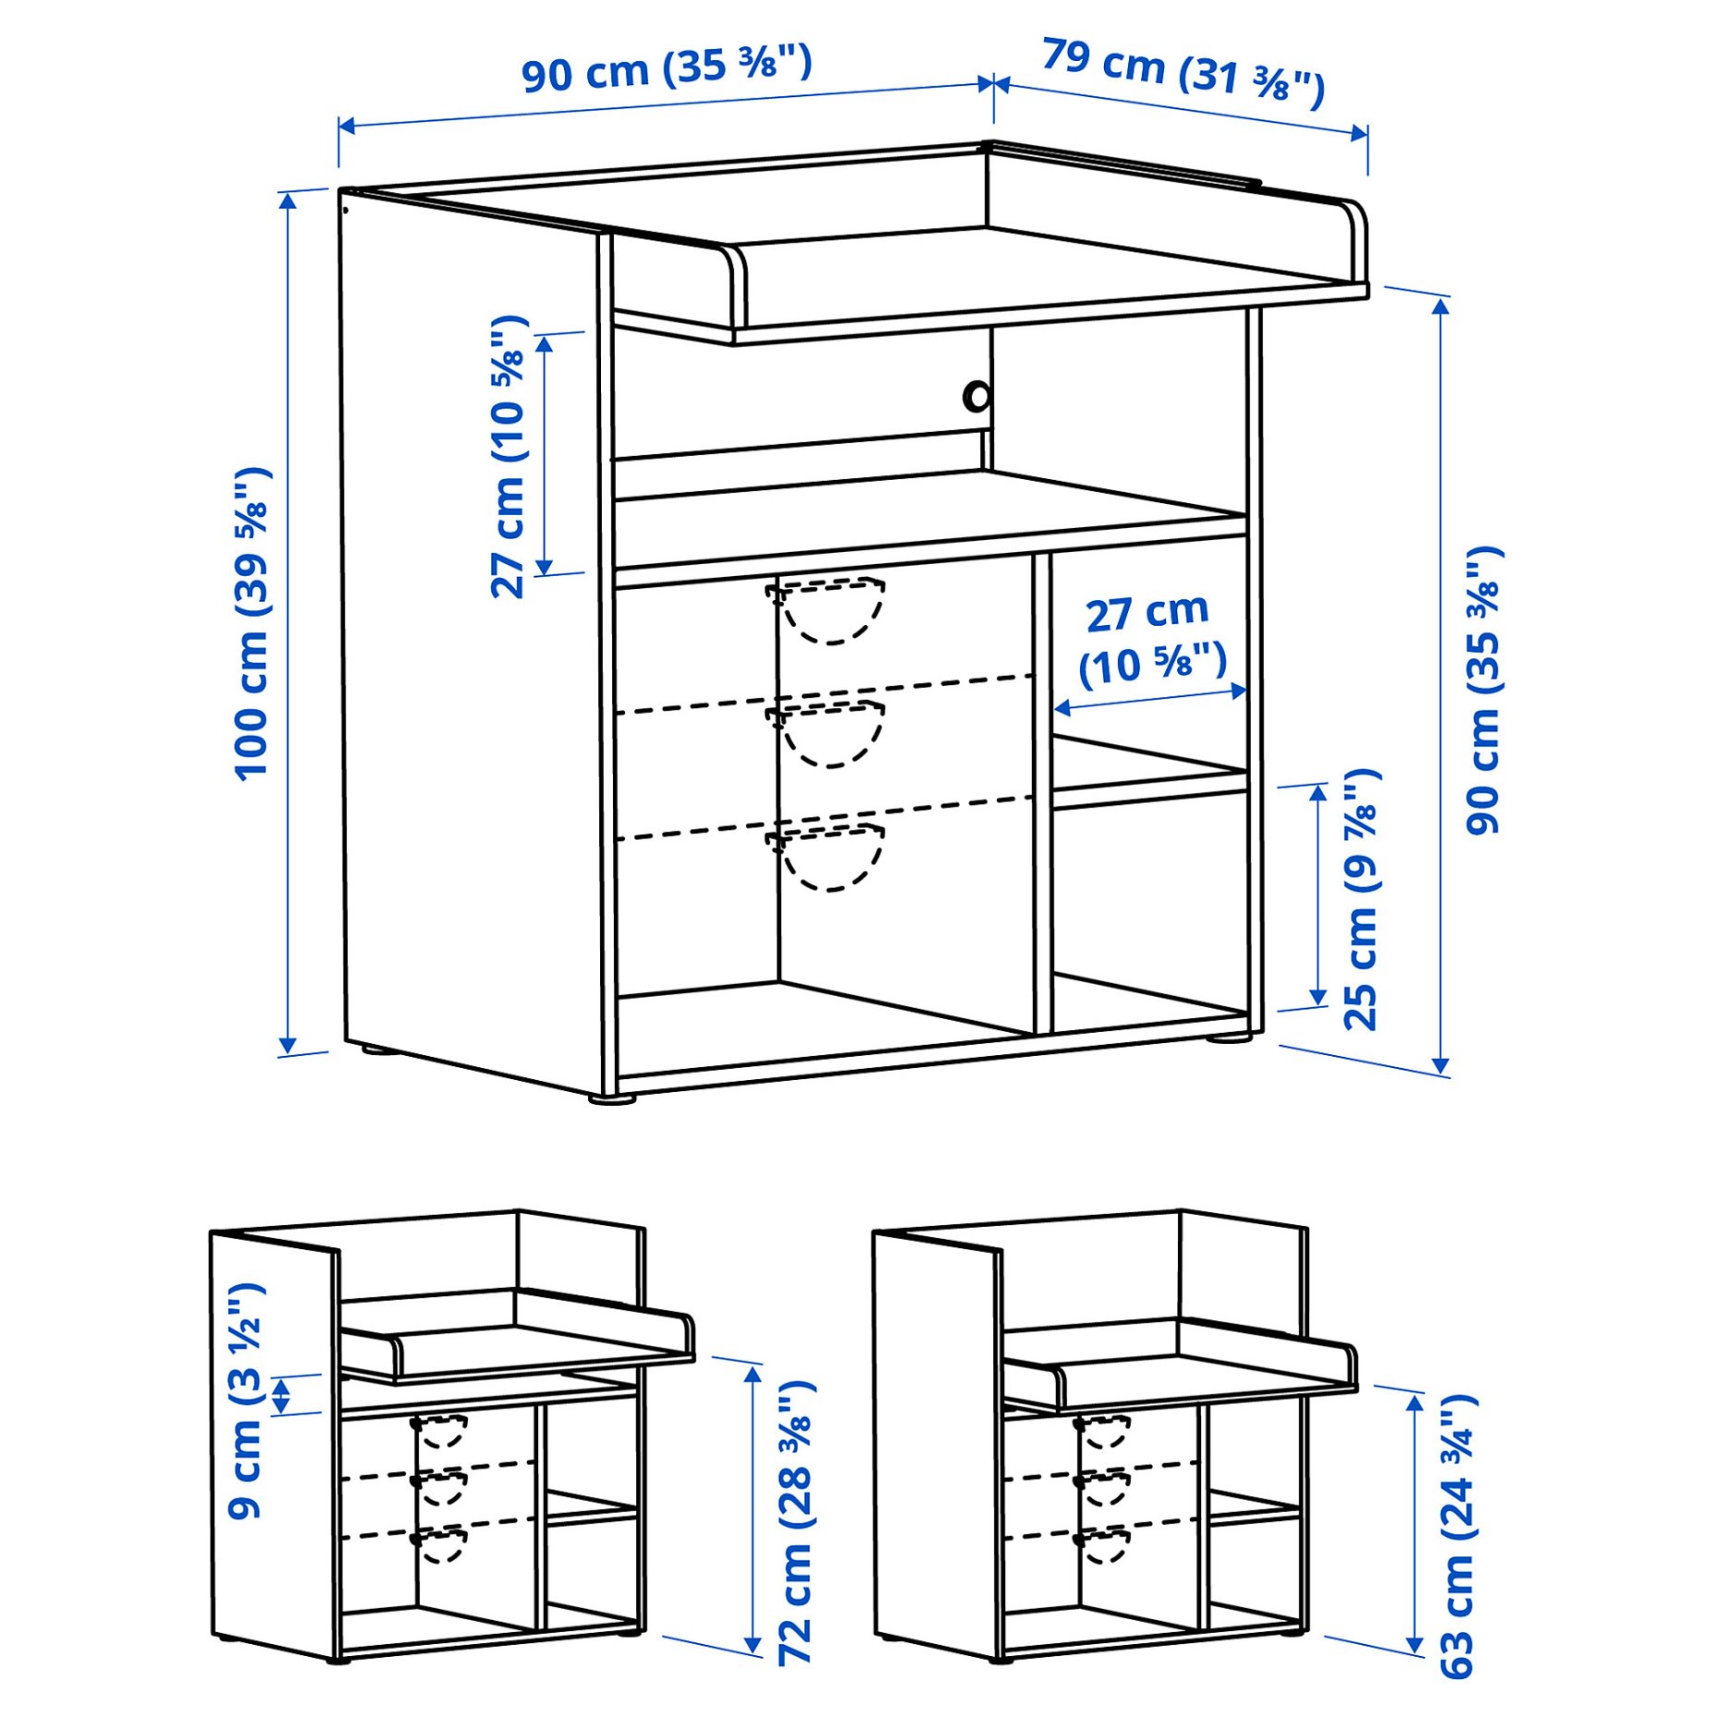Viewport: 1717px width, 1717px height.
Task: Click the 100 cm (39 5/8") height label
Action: click(252, 624)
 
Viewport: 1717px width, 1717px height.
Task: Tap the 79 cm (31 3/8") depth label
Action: click(1183, 71)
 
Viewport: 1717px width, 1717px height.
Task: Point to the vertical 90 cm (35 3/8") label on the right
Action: click(1483, 690)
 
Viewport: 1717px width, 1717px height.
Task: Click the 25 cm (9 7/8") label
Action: click(1361, 899)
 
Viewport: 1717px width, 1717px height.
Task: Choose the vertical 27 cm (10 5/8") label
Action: click(509, 457)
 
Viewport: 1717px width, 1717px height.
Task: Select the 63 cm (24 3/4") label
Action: click(1458, 1536)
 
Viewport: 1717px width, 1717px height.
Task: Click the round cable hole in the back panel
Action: click(977, 397)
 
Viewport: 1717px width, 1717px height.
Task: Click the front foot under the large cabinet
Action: click(612, 1099)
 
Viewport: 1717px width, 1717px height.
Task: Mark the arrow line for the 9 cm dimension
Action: click(282, 1394)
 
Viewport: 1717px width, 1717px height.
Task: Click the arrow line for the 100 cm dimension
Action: click(288, 623)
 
